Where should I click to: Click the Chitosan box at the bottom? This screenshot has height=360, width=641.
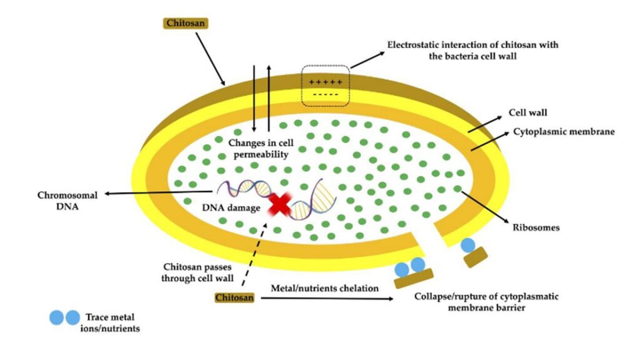click(235, 298)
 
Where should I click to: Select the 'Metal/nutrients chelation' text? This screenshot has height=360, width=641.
click(325, 288)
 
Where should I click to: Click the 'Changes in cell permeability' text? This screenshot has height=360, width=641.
click(261, 148)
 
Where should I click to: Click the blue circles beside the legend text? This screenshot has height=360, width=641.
click(65, 318)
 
